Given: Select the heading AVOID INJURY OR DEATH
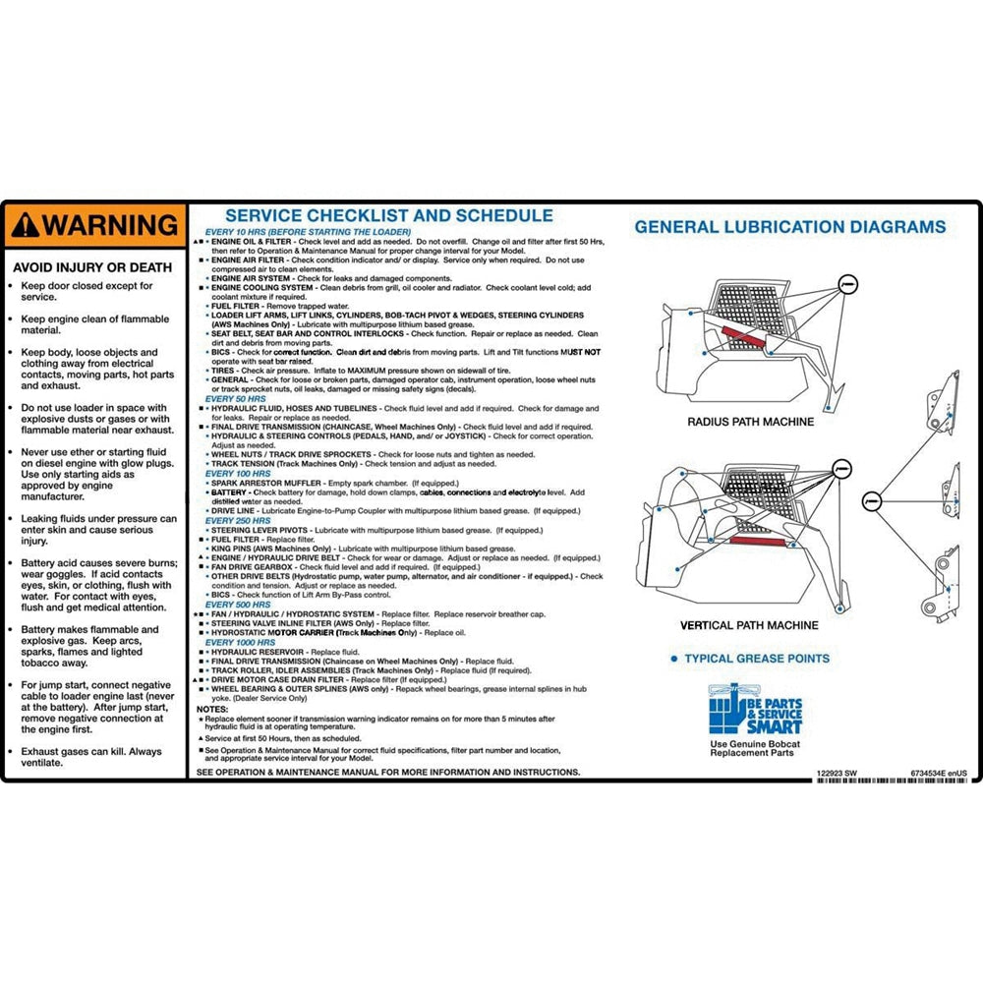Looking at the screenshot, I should pos(91,267).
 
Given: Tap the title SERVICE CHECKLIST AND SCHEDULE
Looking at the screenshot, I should pos(389,216).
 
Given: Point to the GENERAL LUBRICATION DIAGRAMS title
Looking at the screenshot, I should pos(789,227).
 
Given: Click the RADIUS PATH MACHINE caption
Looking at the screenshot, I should pos(750,422).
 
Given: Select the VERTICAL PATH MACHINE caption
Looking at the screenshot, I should pos(749,625).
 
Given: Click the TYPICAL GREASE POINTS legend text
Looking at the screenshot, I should pos(756,659).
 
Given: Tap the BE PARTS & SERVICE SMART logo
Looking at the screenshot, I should pos(755,710).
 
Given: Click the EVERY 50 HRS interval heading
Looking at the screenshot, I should pos(235,399).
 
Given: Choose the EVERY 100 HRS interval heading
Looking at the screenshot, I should pos(238,474).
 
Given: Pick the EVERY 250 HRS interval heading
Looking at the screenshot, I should pos(238,520).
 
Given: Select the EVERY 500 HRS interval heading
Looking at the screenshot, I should pos(238,605).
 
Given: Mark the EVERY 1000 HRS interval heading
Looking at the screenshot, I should pos(241,642).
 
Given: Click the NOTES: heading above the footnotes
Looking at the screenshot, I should pos(212,709).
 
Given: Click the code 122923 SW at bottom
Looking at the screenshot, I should pos(837,774).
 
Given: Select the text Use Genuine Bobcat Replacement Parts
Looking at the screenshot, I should pos(755,748).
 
